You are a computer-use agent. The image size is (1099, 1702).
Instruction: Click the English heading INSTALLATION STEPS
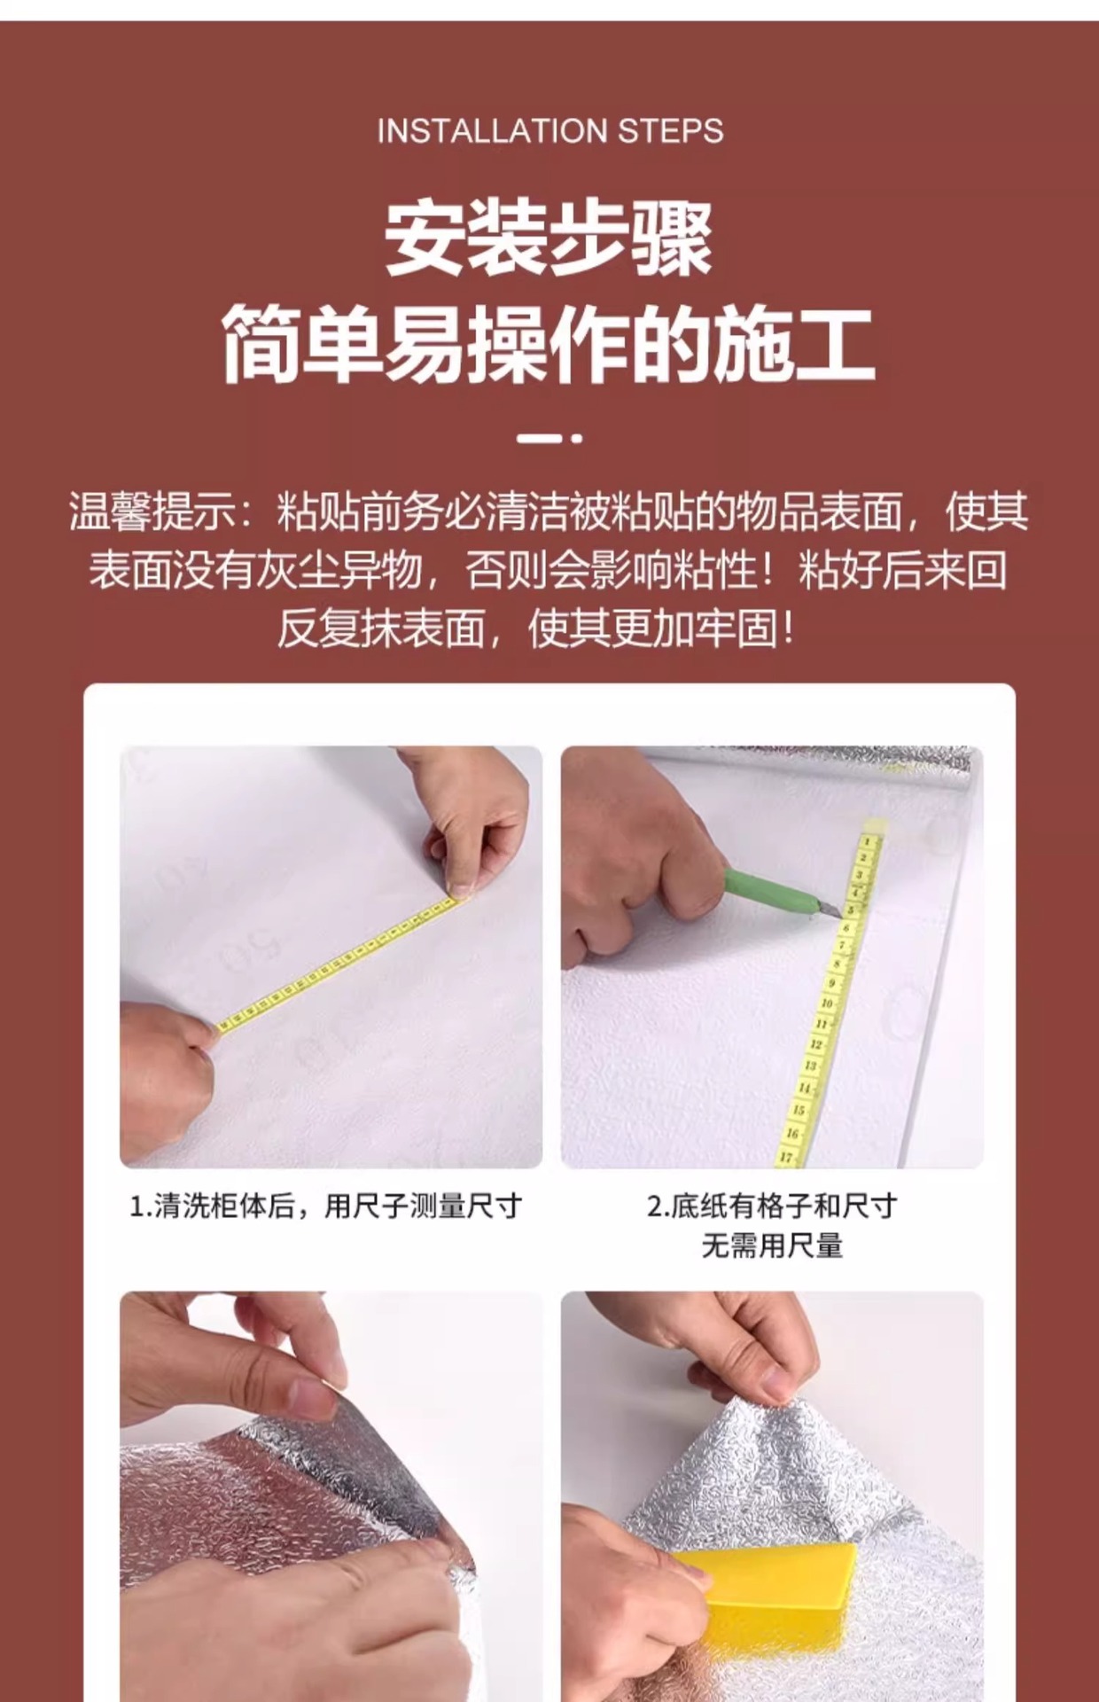(x=549, y=131)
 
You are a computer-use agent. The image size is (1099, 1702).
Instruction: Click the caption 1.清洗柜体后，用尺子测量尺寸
(x=326, y=1206)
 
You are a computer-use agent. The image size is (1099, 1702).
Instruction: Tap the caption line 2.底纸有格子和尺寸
(x=772, y=1206)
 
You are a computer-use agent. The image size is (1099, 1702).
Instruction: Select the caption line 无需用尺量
(x=772, y=1246)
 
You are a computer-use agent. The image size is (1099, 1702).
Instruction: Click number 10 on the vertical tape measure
(x=826, y=1003)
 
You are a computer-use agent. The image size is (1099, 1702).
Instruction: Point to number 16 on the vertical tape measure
(x=792, y=1133)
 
